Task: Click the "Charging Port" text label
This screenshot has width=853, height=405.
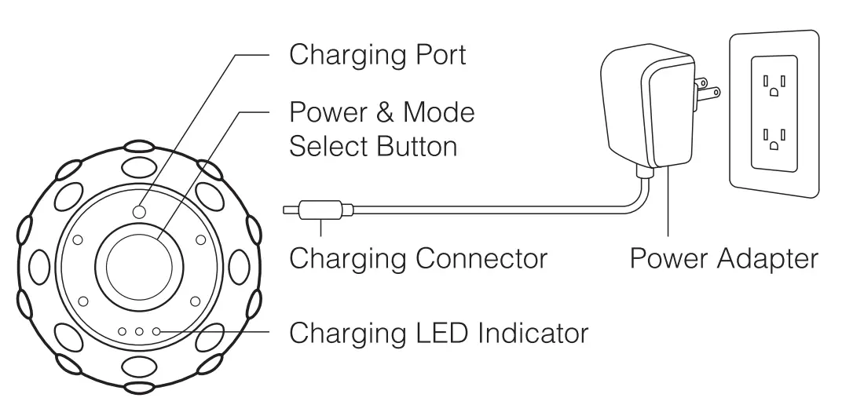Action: point(378,55)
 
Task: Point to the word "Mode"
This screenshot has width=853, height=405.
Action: point(439,112)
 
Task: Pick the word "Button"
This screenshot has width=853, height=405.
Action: point(416,146)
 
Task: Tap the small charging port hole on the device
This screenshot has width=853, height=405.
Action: point(139,211)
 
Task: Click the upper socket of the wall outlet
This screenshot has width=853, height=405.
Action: point(774,83)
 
